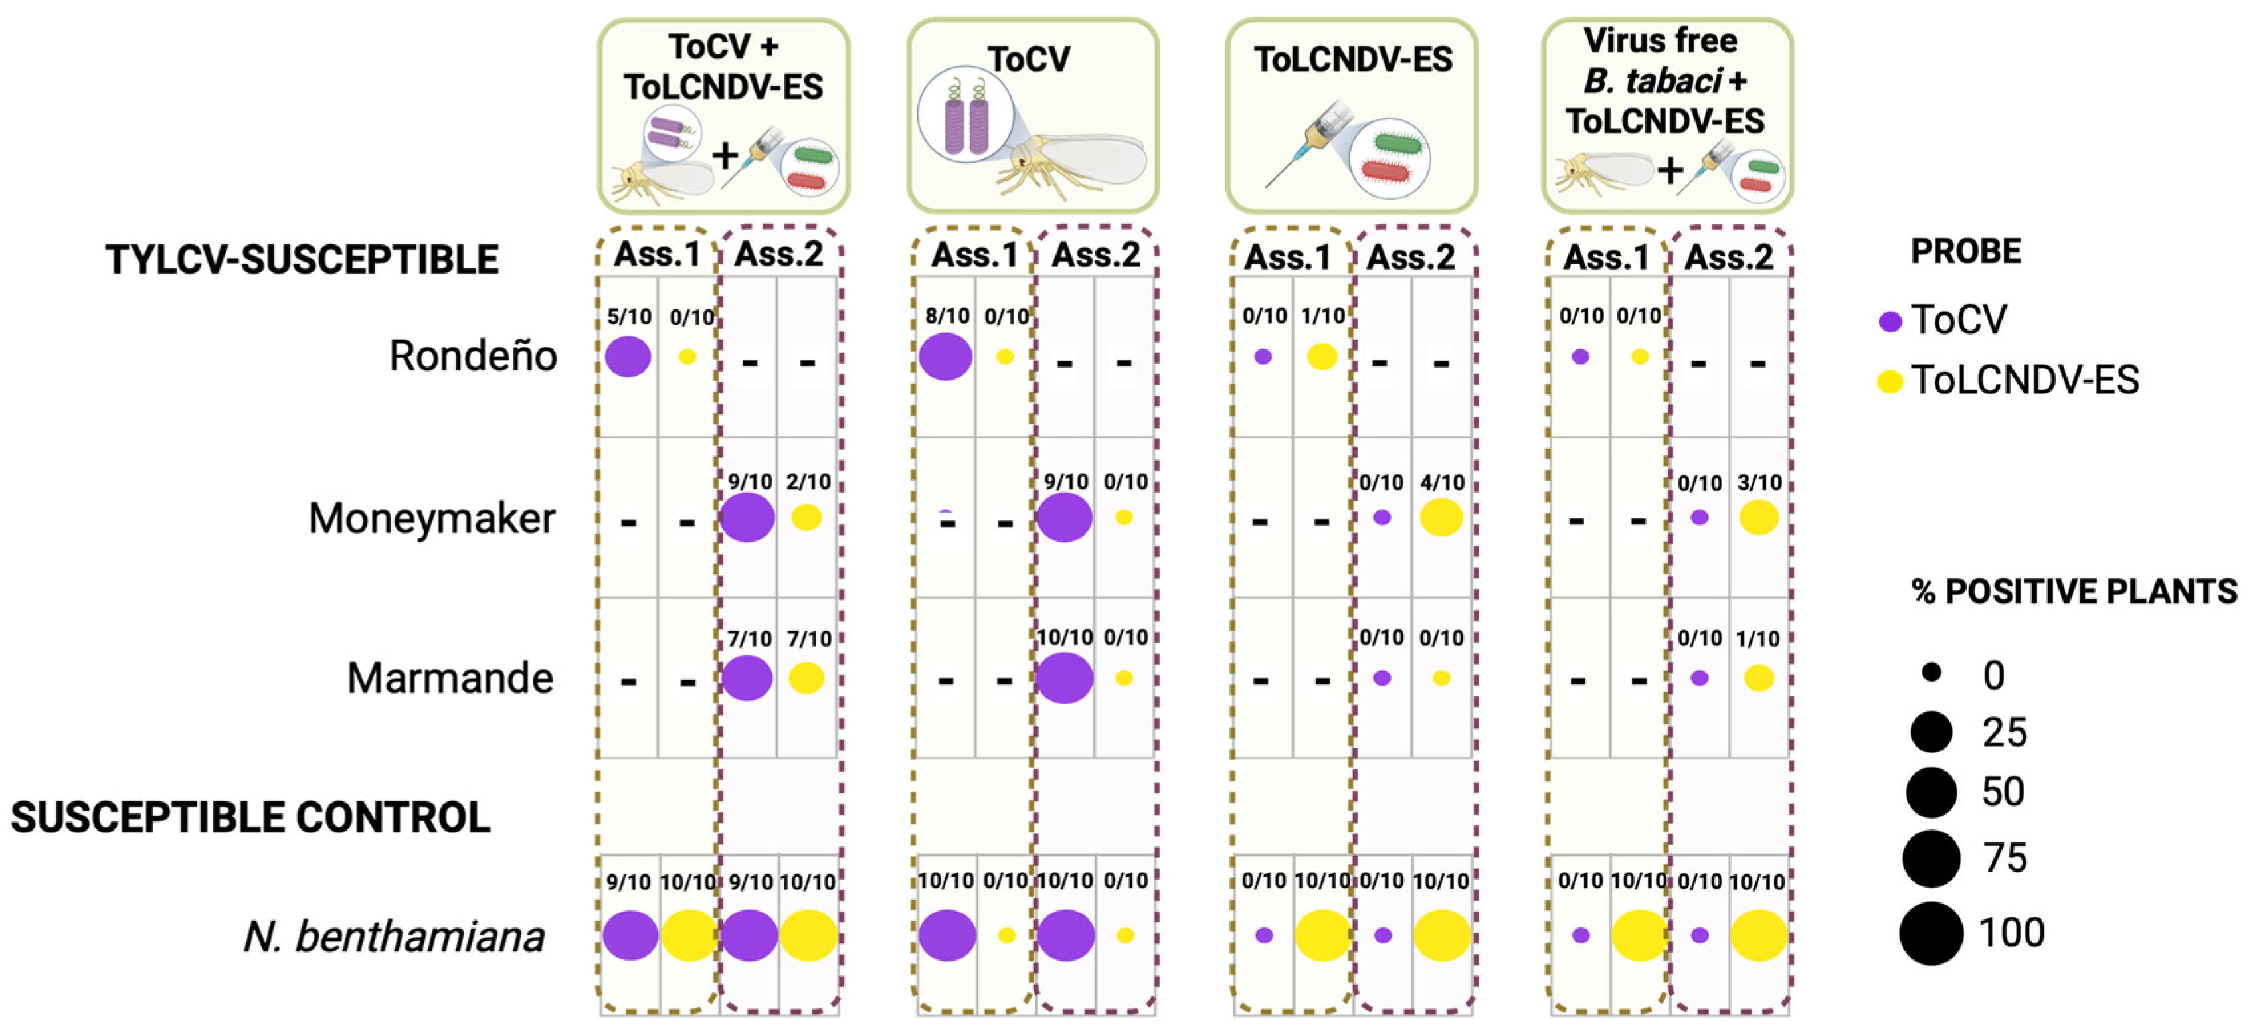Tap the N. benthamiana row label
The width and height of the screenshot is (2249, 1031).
[x=394, y=937]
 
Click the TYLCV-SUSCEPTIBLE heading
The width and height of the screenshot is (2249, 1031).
[x=302, y=260]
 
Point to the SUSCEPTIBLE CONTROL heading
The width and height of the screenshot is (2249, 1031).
[x=250, y=817]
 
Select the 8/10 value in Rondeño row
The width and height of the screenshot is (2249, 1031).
[x=947, y=316]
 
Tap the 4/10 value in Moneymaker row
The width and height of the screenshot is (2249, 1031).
[x=1441, y=482]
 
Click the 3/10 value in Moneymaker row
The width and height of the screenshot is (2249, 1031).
[x=1759, y=483]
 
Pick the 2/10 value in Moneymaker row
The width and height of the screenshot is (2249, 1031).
[x=808, y=481]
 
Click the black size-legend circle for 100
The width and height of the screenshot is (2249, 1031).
[x=1932, y=933]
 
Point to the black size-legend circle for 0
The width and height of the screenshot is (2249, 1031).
[x=1932, y=673]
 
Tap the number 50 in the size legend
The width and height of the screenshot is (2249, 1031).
[x=2003, y=792]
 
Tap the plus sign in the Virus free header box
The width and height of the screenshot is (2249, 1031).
[x=1670, y=170]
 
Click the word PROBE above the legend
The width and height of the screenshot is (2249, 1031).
[x=1965, y=252]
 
